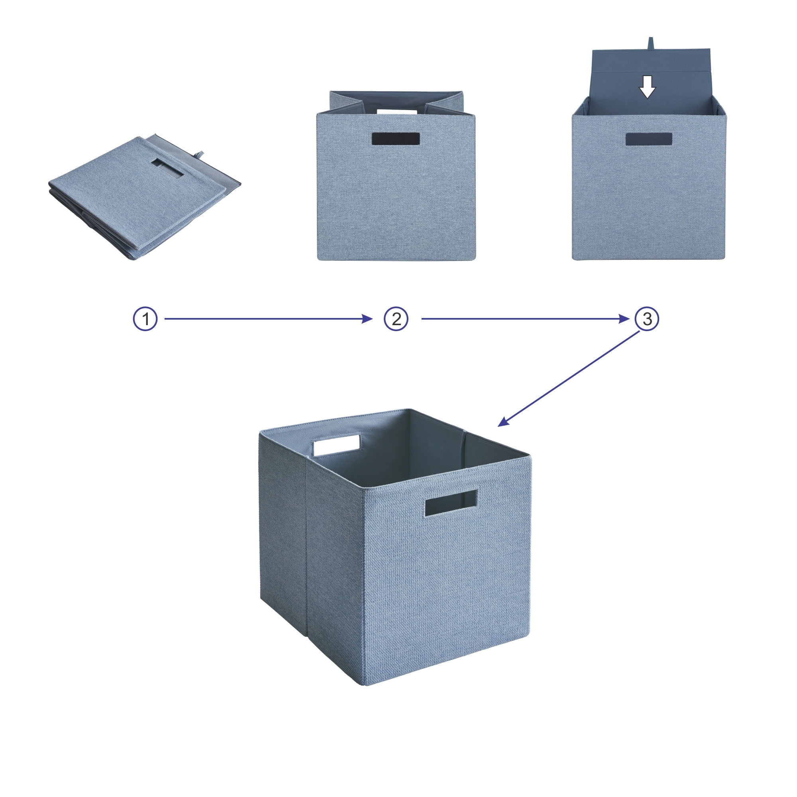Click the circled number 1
145,319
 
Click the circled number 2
396,319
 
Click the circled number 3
647,319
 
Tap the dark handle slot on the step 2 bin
396,139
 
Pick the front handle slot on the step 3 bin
648,139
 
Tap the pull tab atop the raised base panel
651,43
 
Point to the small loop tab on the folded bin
200,154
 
